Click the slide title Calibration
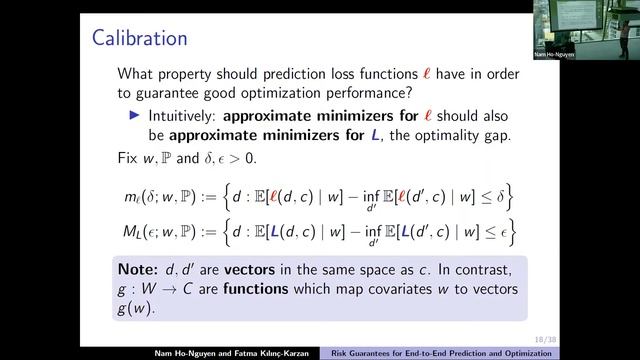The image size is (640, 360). click(x=139, y=39)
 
